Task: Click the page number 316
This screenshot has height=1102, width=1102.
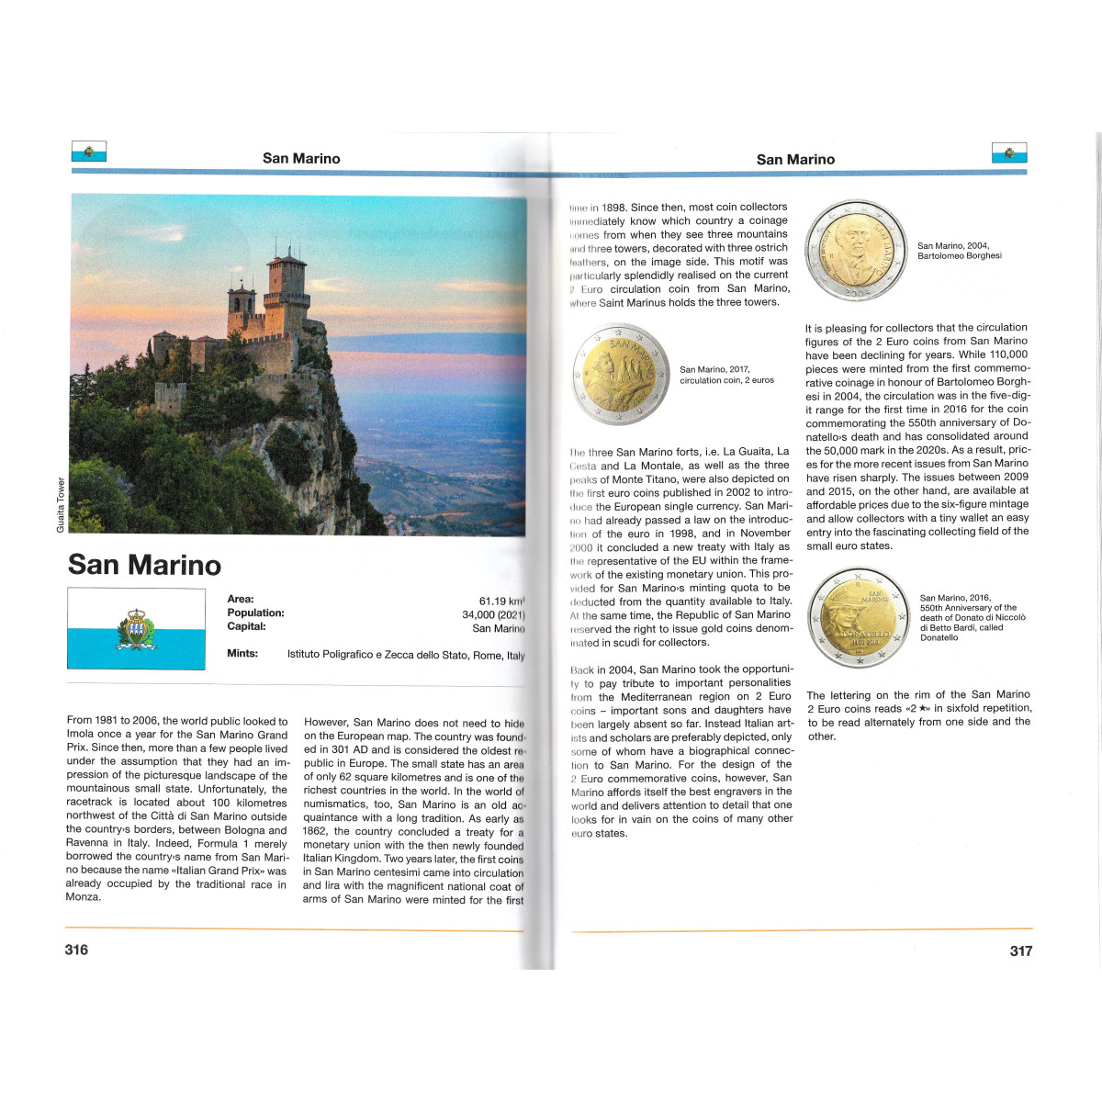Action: coord(76,950)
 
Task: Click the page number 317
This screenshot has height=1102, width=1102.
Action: coord(1020,950)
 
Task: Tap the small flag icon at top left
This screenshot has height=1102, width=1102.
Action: coord(89,152)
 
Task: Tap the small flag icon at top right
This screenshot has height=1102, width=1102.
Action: coord(1009,152)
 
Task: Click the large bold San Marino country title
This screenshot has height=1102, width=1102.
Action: coord(144,564)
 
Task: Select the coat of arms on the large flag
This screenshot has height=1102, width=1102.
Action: coord(136,629)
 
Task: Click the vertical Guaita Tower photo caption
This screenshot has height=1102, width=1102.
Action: coord(61,504)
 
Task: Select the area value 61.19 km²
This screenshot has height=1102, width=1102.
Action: coord(501,601)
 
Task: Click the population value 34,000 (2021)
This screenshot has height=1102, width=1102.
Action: coord(493,614)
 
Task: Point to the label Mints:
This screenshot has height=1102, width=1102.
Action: coord(242,654)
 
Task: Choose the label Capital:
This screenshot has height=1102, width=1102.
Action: coord(246,626)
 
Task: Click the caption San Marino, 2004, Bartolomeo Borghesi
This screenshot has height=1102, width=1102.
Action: coord(959,251)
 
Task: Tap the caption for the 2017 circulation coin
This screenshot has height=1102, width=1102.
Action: coord(726,375)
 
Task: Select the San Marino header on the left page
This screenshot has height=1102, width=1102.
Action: coord(301,159)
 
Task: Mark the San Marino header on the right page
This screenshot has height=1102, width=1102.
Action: coord(795,160)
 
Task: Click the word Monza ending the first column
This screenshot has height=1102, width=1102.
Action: coord(83,897)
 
